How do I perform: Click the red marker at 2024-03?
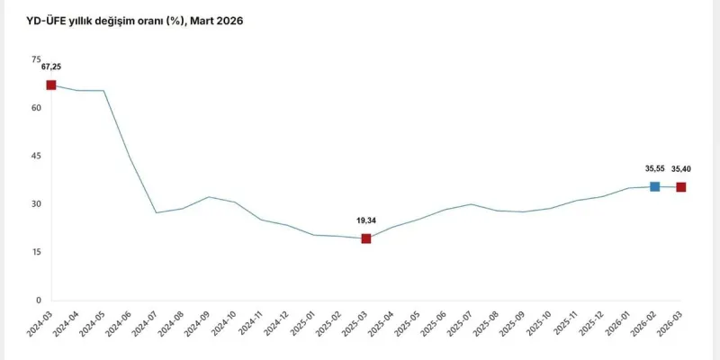tap(51, 85)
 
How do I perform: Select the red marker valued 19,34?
tap(366, 238)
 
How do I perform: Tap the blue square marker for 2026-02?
tap(654, 186)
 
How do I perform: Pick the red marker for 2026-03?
tap(681, 187)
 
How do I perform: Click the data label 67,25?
tap(51, 67)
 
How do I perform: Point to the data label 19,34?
tap(366, 219)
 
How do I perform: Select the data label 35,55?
tap(654, 167)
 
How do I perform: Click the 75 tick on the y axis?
tap(36, 59)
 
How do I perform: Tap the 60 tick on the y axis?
tap(36, 108)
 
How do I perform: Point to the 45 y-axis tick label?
tap(36, 156)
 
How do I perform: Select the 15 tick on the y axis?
tap(36, 252)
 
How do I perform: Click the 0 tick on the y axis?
tap(38, 301)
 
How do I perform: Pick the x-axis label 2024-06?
tap(120, 325)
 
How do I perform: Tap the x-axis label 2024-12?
tap(276, 325)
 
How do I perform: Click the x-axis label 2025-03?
tap(355, 325)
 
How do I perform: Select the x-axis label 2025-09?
tap(511, 325)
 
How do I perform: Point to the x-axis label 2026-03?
tap(669, 325)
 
